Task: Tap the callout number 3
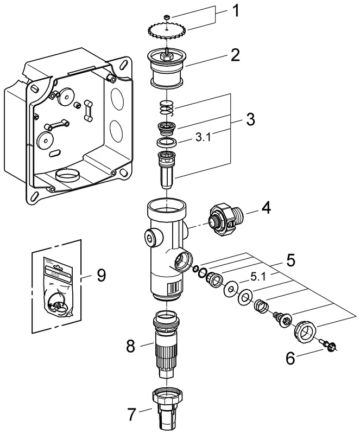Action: point(250,119)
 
